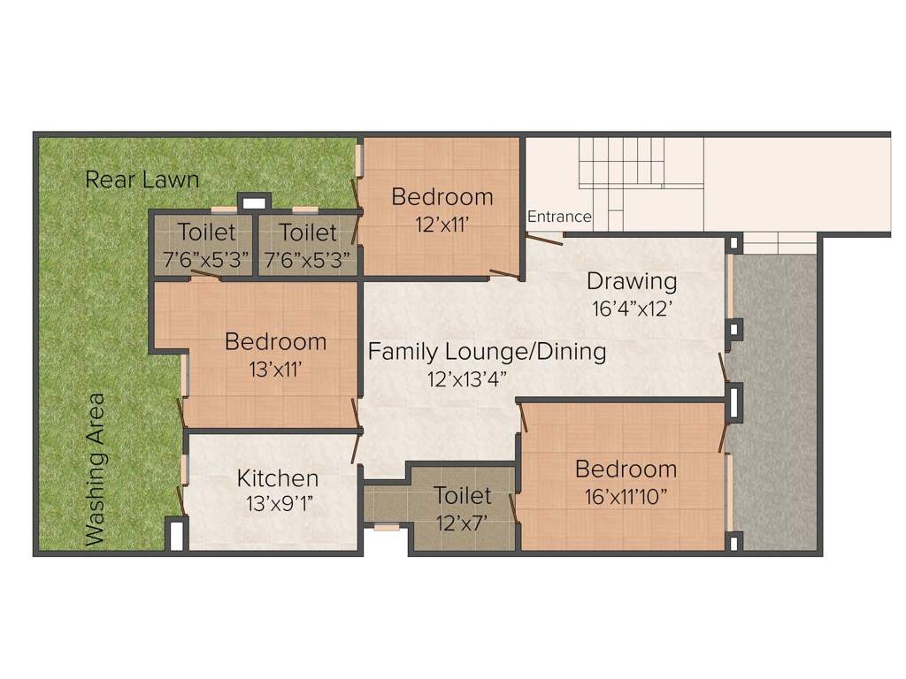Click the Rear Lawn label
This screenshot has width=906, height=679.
coord(142,179)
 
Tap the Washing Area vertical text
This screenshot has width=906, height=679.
coord(95,469)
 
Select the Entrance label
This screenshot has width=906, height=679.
coord(559,217)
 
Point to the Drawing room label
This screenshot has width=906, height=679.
coord(632,281)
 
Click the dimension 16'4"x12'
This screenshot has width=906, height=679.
coord(632,309)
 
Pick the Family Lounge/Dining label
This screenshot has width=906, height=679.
coord(488,352)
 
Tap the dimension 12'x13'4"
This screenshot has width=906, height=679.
coord(467,379)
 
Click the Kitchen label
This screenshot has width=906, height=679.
coord(277,478)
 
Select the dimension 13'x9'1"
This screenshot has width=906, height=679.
coord(280,504)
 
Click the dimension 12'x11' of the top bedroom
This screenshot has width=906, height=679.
coord(441,224)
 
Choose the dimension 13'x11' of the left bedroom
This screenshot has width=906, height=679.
coord(275,369)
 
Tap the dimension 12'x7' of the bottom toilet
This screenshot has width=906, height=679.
coord(462,523)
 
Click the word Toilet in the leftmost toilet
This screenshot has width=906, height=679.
coord(206,233)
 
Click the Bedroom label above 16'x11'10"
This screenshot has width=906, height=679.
coord(626,469)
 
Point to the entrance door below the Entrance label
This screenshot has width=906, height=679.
coord(545,239)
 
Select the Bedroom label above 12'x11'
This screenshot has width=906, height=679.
coord(442,197)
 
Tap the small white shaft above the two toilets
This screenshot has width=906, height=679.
coord(254,202)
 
